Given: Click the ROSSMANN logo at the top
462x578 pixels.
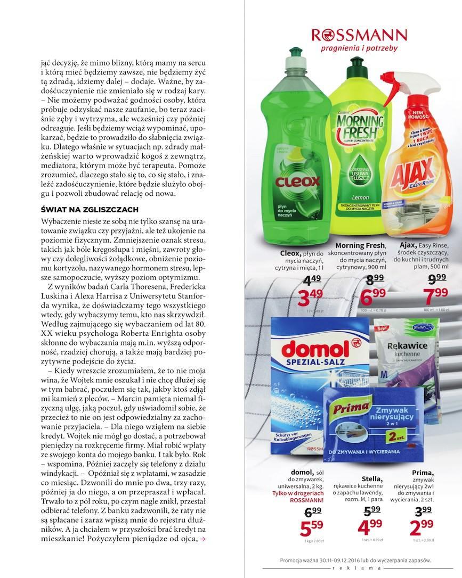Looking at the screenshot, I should point(359,36).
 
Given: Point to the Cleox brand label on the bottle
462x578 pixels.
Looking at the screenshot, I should point(297,181).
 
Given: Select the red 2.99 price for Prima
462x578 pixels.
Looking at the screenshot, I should point(423,529).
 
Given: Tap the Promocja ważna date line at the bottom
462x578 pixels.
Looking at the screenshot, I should point(355,560).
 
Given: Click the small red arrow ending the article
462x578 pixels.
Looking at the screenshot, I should point(202,539).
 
